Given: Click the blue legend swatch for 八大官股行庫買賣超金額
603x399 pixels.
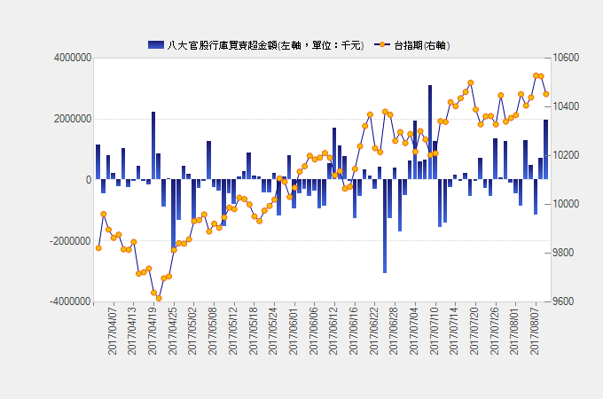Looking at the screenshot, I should point(155,44).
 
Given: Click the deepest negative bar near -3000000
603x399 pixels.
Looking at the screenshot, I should point(385,226).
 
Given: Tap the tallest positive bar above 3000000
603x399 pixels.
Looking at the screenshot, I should point(430,133).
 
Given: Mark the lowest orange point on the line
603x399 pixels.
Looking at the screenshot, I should point(159,298).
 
